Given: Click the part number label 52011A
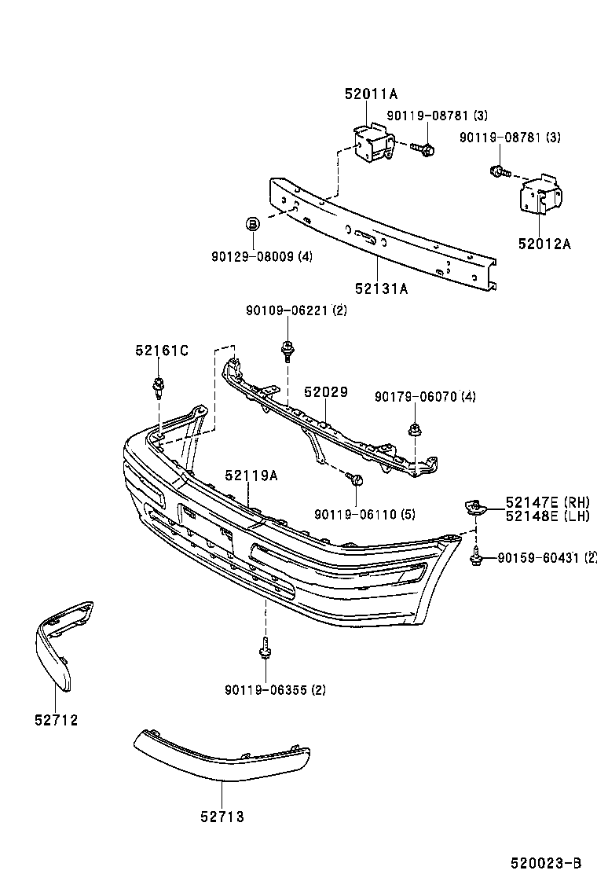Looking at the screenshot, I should click(371, 94).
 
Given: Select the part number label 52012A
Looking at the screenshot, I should click(544, 244).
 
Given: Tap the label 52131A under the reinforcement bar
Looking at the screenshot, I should click(381, 288).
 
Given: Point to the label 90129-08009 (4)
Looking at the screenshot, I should click(262, 256).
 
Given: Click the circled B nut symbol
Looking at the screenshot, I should click(253, 225).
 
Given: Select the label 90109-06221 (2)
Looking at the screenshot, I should click(295, 310).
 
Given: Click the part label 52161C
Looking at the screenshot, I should click(162, 351).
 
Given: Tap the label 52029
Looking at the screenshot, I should click(326, 391).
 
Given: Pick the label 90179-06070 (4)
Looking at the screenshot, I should click(425, 397).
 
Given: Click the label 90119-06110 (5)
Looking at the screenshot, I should click(364, 514).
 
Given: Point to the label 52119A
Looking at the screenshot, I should click(251, 476).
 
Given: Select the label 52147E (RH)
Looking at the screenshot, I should click(548, 502).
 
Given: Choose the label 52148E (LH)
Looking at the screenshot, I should click(548, 516).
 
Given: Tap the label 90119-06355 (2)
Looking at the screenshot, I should click(275, 690).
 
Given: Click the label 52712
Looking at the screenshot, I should click(56, 719).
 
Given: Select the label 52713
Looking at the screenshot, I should click(222, 817).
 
